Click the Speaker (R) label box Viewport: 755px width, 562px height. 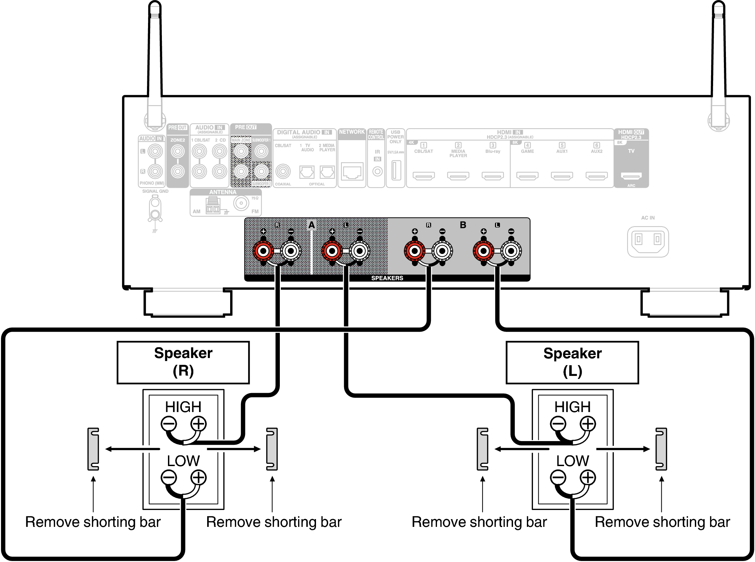[183, 363]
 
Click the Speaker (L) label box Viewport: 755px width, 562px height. [572, 363]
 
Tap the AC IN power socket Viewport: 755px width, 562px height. [648, 241]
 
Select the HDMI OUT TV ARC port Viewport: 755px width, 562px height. [631, 176]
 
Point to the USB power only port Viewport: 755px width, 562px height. [395, 170]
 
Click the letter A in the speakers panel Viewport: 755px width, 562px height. [312, 225]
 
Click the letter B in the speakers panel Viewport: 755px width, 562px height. [463, 225]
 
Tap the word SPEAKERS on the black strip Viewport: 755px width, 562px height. [387, 278]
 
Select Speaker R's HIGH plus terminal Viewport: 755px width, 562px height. [199, 424]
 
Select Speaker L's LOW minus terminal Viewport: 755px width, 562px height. [558, 477]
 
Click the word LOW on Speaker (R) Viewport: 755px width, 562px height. [183, 461]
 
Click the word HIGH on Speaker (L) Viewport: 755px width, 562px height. [572, 407]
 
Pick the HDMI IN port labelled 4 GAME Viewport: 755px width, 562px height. [527, 176]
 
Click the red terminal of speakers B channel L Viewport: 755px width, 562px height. [483, 251]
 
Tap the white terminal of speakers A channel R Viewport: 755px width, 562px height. [291, 251]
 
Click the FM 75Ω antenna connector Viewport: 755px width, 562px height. [241, 203]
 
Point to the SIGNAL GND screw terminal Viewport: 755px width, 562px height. [155, 214]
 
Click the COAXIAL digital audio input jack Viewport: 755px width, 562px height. [283, 172]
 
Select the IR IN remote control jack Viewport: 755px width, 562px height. [377, 172]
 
